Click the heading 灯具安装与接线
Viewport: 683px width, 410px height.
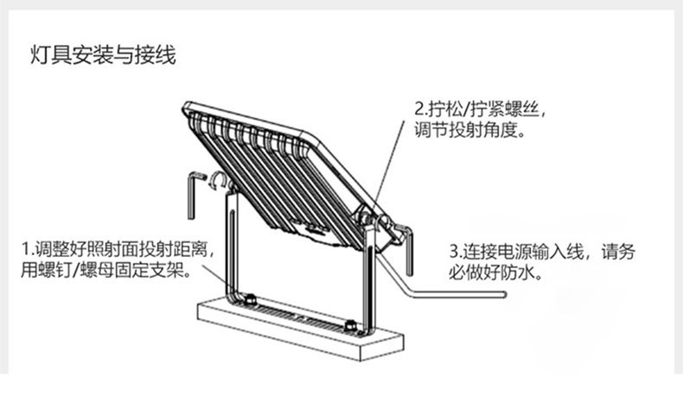[x=103, y=57]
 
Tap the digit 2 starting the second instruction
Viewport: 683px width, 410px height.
[x=419, y=111]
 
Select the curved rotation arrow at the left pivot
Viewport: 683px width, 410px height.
[x=219, y=181]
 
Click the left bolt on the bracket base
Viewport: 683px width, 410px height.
[x=251, y=298]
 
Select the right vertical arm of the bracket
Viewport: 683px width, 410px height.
[x=370, y=277]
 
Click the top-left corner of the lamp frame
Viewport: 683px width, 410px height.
[x=188, y=107]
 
